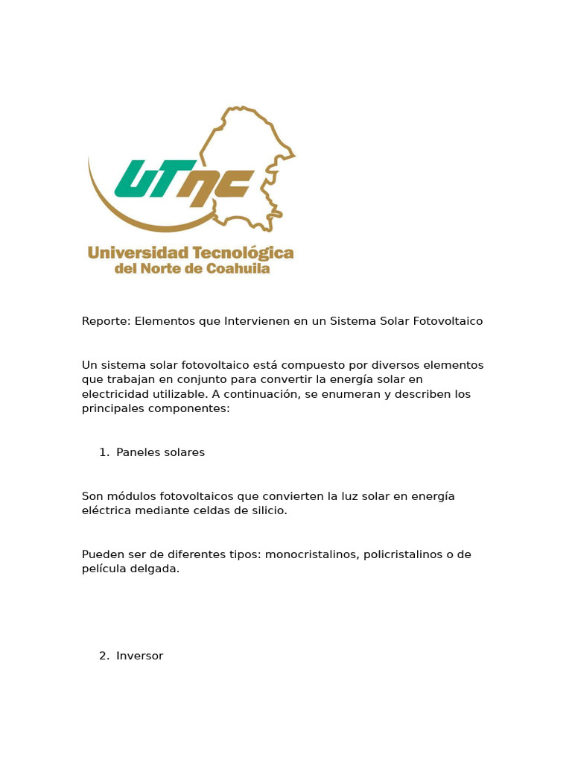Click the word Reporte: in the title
click(105, 321)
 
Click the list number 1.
click(103, 452)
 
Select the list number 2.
click(103, 656)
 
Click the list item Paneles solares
click(160, 452)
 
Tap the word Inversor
click(139, 656)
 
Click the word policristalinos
click(407, 554)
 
